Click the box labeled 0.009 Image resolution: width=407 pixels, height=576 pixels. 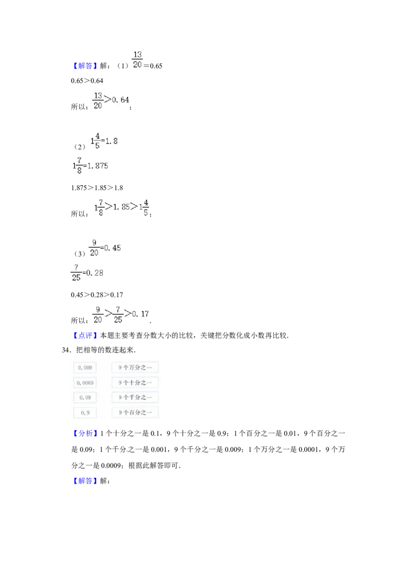[85, 367]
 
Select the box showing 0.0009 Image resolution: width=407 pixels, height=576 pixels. [85, 383]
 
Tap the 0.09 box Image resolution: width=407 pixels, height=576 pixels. [85, 397]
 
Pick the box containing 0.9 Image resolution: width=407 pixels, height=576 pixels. [85, 413]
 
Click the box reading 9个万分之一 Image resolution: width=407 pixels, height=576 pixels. [135, 367]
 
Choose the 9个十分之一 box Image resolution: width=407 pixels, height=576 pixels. [135, 383]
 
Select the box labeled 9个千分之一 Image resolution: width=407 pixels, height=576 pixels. [135, 397]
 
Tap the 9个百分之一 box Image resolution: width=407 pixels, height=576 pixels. [135, 413]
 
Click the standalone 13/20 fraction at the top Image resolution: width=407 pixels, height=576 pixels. [137, 59]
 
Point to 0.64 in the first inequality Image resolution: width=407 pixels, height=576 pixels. [121, 100]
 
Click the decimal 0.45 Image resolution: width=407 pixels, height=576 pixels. [112, 248]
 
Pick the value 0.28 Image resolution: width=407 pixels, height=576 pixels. [95, 273]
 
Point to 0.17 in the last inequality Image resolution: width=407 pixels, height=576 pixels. [140, 314]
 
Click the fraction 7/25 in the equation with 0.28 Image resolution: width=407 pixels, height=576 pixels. [76, 273]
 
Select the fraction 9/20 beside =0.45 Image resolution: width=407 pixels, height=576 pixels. [94, 248]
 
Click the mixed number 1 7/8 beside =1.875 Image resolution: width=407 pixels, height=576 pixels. [77, 165]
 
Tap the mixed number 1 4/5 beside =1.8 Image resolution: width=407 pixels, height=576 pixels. [95, 141]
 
